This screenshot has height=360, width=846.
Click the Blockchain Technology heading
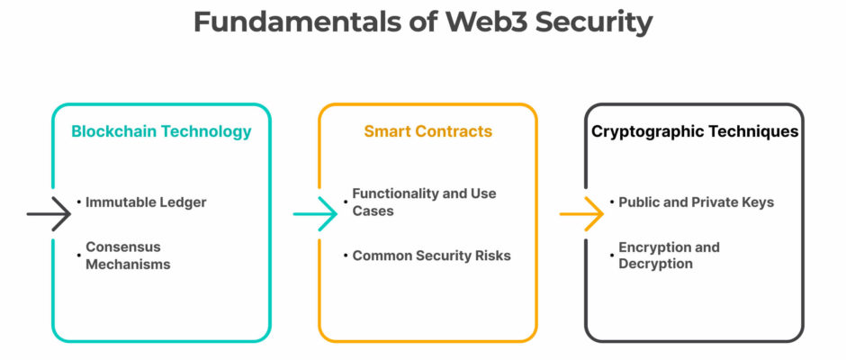(161, 131)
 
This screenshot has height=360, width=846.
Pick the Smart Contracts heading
(427, 131)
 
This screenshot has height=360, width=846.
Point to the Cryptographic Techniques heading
(695, 131)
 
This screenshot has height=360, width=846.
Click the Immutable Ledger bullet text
(146, 202)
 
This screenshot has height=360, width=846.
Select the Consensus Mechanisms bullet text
(129, 256)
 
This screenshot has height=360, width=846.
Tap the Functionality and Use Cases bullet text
(424, 202)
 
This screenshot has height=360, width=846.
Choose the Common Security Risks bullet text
(432, 256)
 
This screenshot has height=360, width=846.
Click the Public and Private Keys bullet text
(696, 202)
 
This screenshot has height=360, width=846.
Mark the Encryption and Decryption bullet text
(669, 256)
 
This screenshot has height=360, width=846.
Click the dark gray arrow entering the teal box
(49, 214)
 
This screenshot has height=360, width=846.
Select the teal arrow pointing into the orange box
(315, 214)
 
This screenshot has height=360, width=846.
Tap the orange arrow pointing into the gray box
(581, 214)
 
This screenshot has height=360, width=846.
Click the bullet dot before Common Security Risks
(346, 256)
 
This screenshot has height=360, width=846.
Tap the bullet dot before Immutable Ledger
(79, 202)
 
